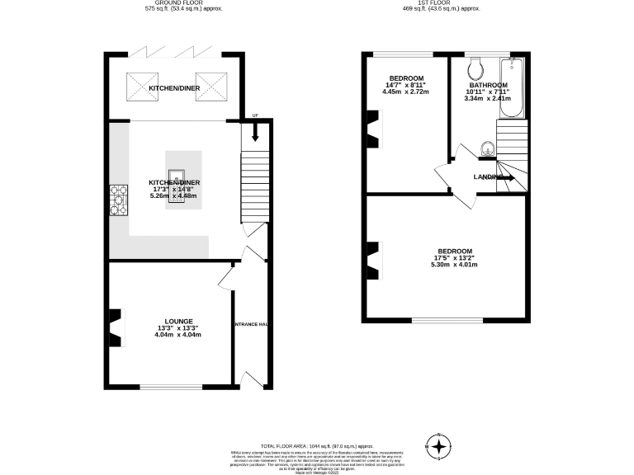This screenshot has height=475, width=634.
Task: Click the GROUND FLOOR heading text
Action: (173, 3)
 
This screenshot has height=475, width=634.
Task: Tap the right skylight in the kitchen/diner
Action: (211, 85)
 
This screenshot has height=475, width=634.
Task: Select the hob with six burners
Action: (118, 199)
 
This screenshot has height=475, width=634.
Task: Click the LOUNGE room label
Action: (178, 322)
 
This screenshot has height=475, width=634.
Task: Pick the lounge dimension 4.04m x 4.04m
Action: (177, 336)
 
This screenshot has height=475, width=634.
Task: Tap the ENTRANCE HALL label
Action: (250, 324)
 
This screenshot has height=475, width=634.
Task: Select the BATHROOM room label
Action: (487, 85)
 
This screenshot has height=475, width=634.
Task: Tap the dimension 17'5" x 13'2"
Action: (454, 258)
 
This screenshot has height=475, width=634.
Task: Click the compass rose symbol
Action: (440, 446)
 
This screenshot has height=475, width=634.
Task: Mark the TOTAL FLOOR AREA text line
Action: (316, 444)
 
